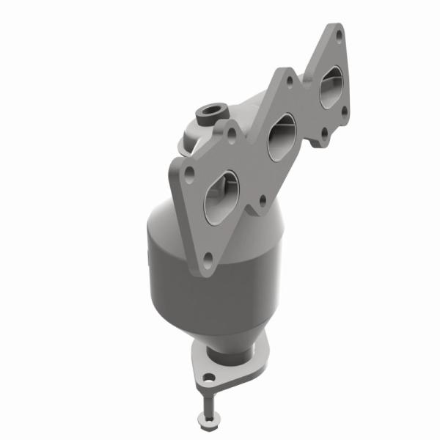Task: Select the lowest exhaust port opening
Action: (221, 197)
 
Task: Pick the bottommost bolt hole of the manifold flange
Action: (208, 257)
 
